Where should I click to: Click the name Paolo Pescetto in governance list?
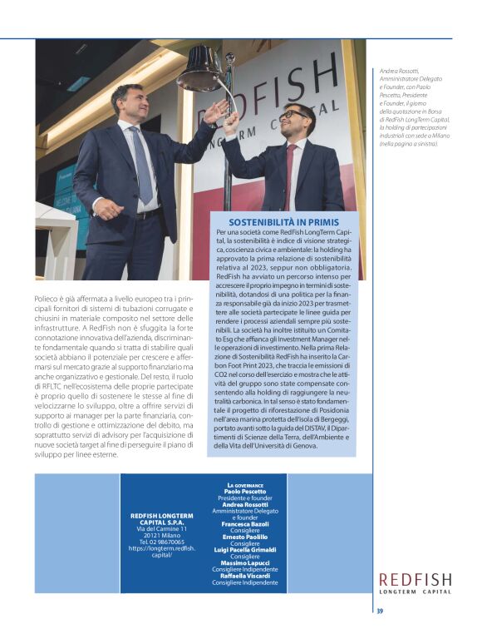click(245, 492)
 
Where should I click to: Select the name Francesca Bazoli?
click(245, 524)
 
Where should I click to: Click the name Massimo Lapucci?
click(245, 562)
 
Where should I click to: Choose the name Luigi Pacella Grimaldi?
click(245, 550)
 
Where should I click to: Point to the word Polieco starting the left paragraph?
click(47, 295)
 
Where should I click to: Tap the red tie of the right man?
click(291, 166)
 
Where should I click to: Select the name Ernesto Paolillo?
click(245, 537)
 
